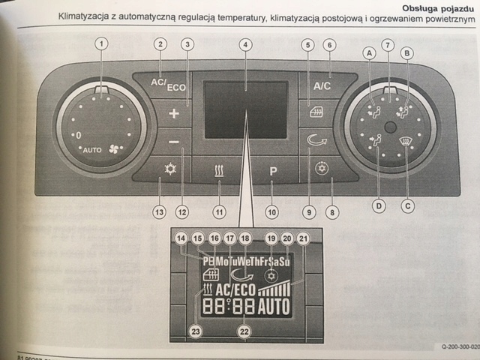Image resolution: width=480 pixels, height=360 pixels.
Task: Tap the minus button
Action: [x=174, y=141]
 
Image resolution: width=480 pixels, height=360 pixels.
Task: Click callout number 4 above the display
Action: [x=244, y=45]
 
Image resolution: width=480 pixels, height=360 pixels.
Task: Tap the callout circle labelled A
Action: [x=368, y=52]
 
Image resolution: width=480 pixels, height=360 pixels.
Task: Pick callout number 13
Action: [x=159, y=212]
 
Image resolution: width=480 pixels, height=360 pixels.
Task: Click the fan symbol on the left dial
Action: [x=115, y=148]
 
